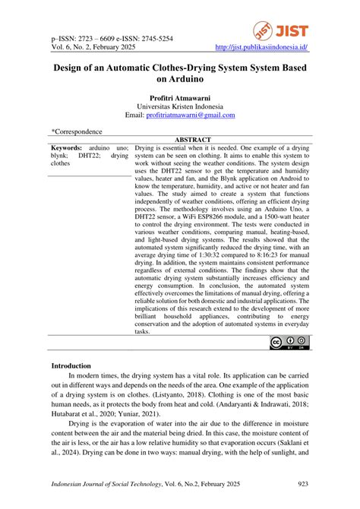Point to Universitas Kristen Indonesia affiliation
tap(180, 106)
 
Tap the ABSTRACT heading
tap(192, 141)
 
